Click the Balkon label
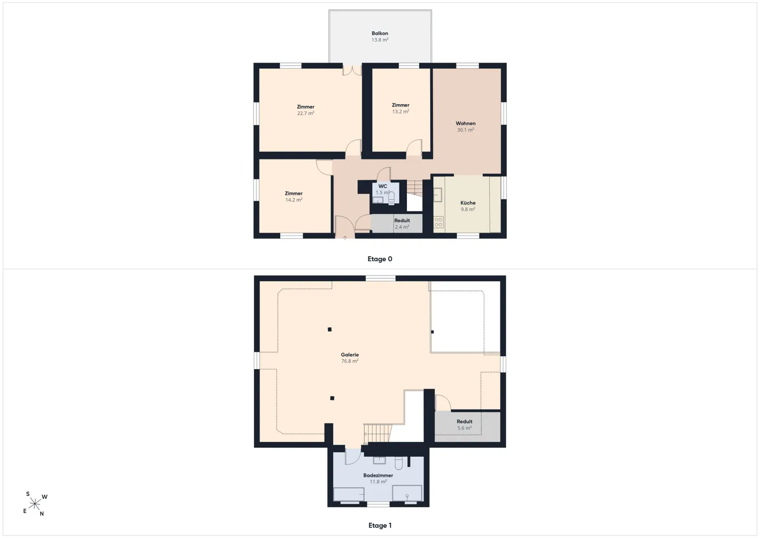(x=379, y=33)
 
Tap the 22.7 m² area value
(x=306, y=113)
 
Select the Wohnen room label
(x=465, y=123)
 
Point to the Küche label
(x=468, y=203)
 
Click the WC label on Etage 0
(x=383, y=186)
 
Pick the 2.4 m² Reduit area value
(x=402, y=226)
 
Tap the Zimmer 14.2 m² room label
(x=293, y=193)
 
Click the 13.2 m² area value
(x=401, y=111)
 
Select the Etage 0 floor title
(x=379, y=259)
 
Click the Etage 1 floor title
(x=379, y=525)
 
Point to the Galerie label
(x=350, y=355)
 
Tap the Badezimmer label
(x=378, y=475)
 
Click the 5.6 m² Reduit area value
(x=464, y=428)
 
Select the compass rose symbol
(x=35, y=504)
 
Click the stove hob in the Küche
(x=439, y=222)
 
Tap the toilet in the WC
(x=391, y=197)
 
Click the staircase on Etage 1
(x=378, y=433)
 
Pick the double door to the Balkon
(x=352, y=70)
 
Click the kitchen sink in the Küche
(x=438, y=195)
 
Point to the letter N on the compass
(x=42, y=514)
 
